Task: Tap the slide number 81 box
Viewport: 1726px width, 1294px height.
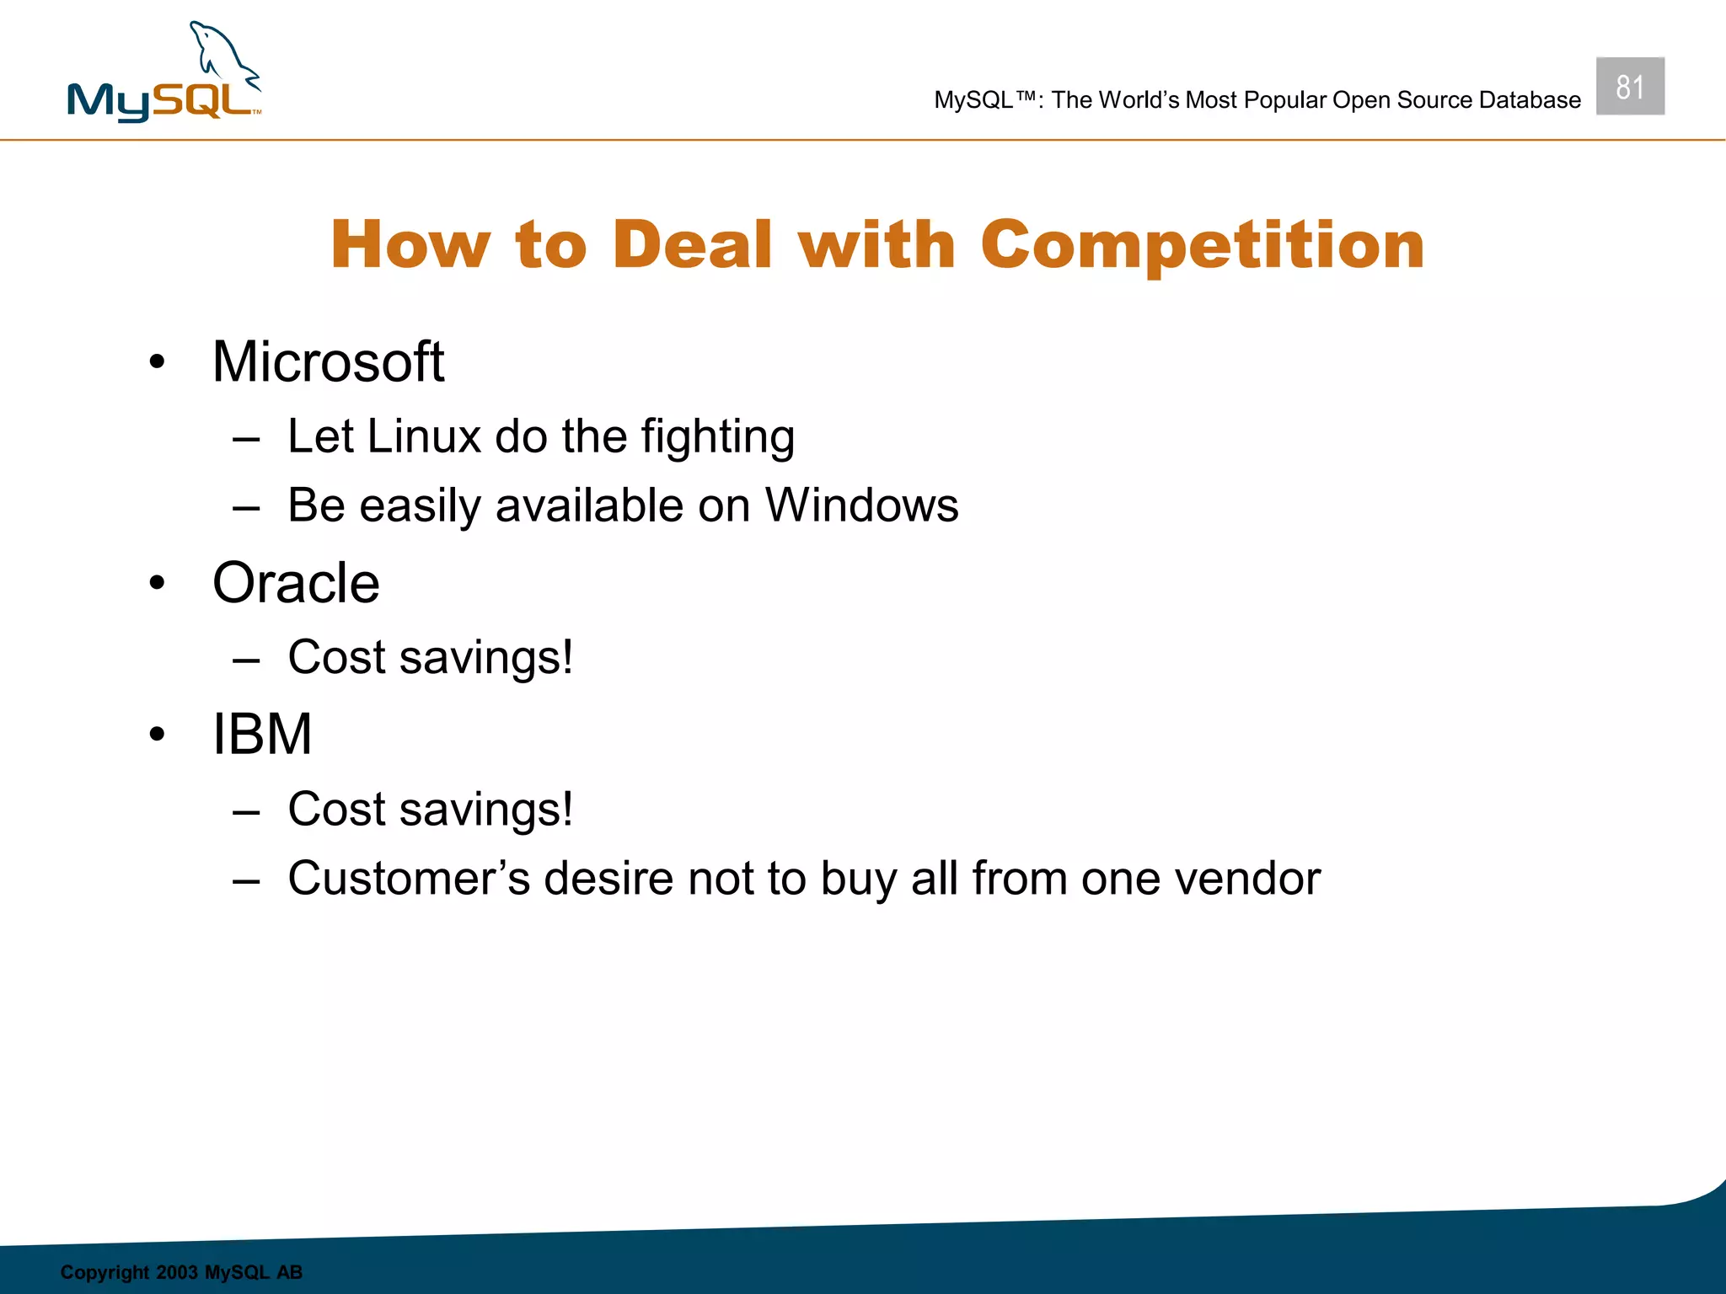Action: [1629, 87]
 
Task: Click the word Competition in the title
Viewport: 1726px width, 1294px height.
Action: [1202, 245]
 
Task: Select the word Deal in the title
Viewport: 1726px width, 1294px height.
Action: [692, 245]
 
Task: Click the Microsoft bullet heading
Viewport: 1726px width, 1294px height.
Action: [328, 362]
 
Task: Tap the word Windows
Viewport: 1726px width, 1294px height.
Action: [860, 505]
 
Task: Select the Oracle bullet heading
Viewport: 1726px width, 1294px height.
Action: [296, 583]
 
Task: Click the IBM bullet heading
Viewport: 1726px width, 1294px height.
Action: [262, 735]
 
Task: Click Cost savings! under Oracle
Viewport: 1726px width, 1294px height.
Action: [430, 658]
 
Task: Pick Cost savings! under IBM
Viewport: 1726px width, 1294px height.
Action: [430, 810]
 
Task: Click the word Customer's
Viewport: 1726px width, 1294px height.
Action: [409, 879]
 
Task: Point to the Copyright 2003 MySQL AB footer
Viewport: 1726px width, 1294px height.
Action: [181, 1272]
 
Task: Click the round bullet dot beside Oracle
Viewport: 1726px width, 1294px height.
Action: [157, 583]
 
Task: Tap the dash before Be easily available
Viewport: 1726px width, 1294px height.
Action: [246, 508]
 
